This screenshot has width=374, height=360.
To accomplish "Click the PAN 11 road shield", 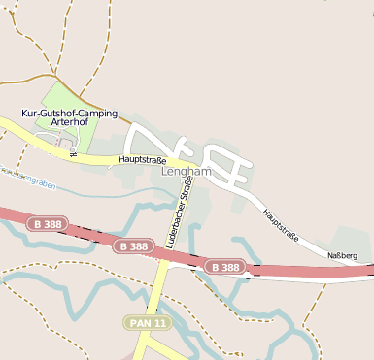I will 148,322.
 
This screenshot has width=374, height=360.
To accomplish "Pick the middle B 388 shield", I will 133,246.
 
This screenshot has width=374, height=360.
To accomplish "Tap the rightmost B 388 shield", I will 224,266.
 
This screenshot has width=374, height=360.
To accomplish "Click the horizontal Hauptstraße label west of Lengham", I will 143,159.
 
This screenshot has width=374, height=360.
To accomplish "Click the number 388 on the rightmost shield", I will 229,266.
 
